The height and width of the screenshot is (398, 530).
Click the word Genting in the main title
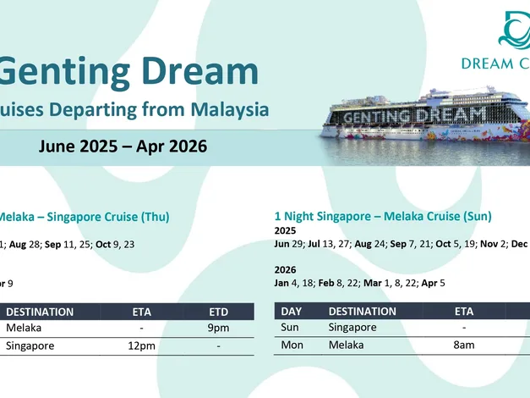[64, 71]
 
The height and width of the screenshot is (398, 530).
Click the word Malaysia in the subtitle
[230, 110]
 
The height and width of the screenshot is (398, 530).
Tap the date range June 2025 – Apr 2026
[123, 146]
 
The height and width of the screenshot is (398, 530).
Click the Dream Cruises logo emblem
[514, 30]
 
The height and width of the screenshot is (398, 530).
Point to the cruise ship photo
[425, 125]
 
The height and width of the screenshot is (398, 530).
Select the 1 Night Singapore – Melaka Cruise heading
[383, 216]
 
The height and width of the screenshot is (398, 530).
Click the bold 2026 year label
[285, 269]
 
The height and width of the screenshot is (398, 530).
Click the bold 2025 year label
[285, 230]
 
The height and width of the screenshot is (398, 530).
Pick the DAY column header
[292, 312]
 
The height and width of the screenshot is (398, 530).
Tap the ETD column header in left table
[219, 312]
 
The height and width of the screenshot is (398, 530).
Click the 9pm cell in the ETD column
[218, 328]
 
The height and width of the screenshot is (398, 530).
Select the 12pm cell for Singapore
[142, 345]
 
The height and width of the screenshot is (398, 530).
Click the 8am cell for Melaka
[464, 345]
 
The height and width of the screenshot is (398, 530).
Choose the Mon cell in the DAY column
[292, 345]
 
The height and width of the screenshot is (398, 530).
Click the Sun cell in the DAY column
[290, 327]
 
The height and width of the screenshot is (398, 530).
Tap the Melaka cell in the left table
[24, 328]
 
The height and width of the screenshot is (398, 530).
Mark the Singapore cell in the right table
[352, 327]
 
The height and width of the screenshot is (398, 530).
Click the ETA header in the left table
[142, 312]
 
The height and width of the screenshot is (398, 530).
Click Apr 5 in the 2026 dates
[433, 283]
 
